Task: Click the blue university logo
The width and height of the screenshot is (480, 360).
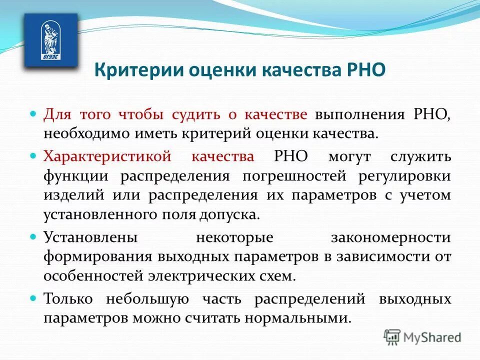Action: tap(51, 40)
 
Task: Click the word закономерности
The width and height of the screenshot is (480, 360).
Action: tap(390, 236)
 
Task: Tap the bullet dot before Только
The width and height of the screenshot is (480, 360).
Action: tap(34, 298)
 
